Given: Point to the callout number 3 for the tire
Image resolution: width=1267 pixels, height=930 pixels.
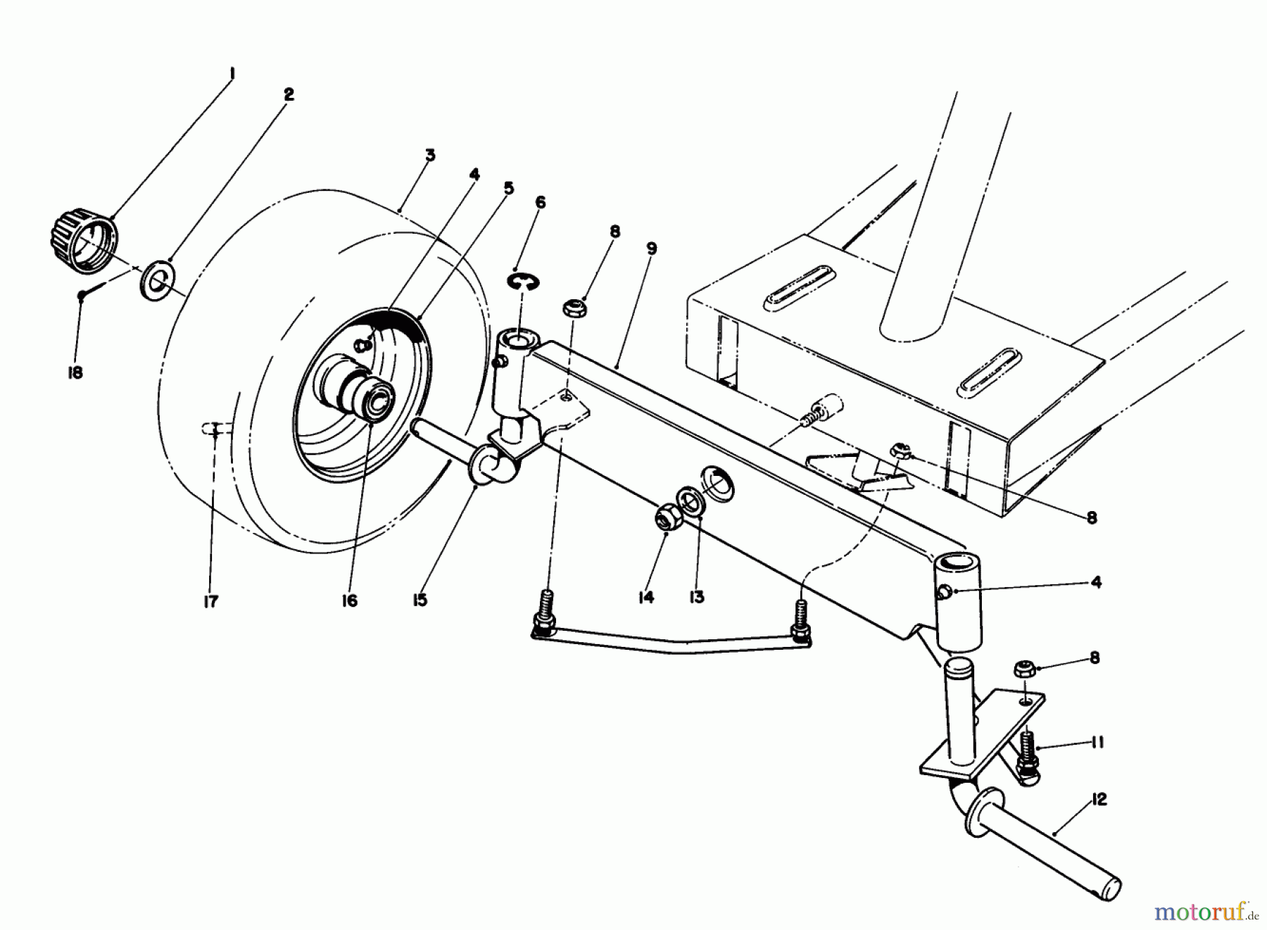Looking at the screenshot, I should (x=430, y=156).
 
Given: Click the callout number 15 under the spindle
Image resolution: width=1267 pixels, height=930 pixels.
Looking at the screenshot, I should (x=420, y=600).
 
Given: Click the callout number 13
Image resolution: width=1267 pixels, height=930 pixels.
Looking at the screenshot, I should (x=696, y=597).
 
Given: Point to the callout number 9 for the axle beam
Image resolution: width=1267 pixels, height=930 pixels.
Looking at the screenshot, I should (x=651, y=249).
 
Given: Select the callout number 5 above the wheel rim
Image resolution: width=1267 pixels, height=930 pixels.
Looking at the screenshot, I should (x=508, y=188).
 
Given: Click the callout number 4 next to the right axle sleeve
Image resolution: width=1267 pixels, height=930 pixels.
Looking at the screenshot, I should (x=1096, y=582).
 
